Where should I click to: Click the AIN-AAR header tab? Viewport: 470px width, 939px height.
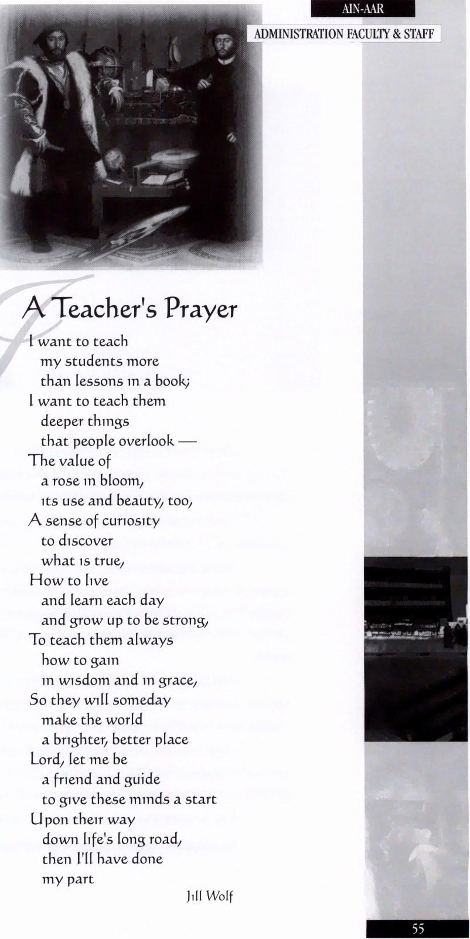(363, 9)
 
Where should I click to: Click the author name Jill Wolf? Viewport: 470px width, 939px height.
(209, 896)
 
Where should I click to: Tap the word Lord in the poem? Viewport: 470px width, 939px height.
(45, 760)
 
